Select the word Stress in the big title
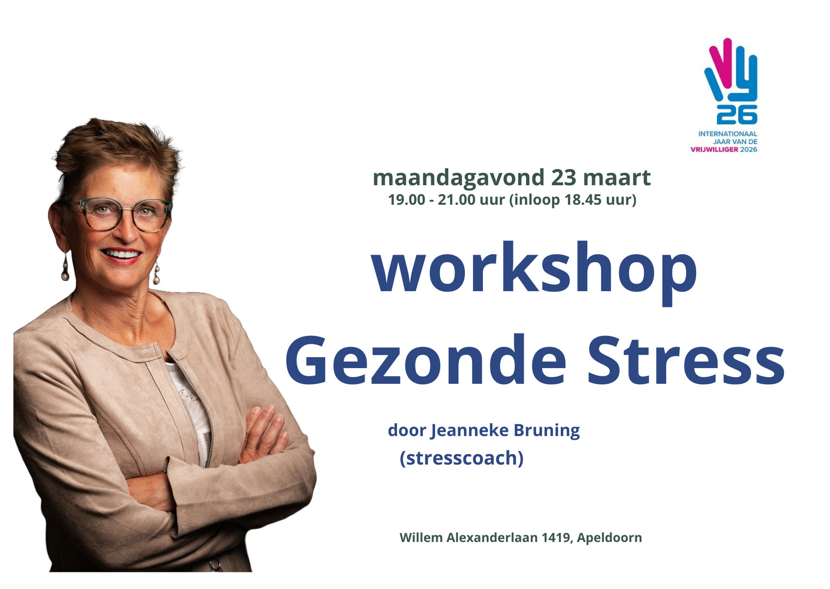coord(686,361)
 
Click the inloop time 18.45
coord(582,200)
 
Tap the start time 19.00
coord(406,200)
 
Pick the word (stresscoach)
coord(462,458)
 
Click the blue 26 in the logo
coord(736,114)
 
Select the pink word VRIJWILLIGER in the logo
coord(714,149)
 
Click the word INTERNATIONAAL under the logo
coord(727,134)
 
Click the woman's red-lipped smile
coord(122,255)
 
